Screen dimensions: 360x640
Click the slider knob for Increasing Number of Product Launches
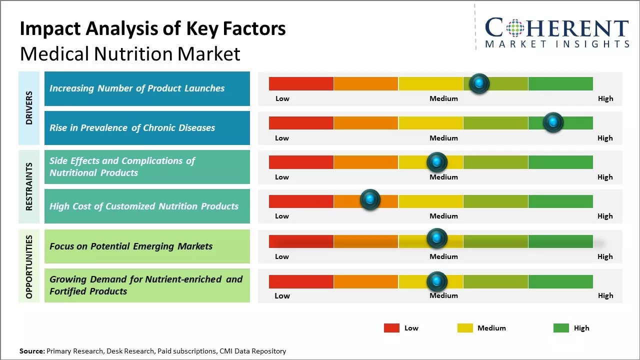coord(479,83)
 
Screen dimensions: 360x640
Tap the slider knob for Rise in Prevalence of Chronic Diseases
coord(553,122)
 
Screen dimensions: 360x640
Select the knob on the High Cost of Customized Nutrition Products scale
coord(370,199)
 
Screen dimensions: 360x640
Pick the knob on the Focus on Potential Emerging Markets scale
coord(436,238)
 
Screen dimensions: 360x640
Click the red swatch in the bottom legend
coord(391,328)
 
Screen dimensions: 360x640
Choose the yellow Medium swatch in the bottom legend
coord(465,328)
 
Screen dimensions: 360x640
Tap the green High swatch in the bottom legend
coord(561,328)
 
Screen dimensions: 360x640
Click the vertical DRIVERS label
coord(29,108)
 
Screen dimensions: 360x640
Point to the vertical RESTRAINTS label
coord(29,186)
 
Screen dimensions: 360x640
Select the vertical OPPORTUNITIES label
coord(29,266)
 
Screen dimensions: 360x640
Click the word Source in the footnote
coord(31,351)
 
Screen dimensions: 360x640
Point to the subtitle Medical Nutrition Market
coord(130,53)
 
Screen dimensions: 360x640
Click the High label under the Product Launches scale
coord(605,98)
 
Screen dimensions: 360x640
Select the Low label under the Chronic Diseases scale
coord(282,138)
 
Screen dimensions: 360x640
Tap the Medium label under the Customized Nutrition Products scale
coord(443,216)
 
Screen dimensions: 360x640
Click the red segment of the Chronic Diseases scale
coord(301,122)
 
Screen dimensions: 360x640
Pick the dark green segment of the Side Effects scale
coord(560,162)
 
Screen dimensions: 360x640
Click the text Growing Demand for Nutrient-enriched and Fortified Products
coord(146,285)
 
